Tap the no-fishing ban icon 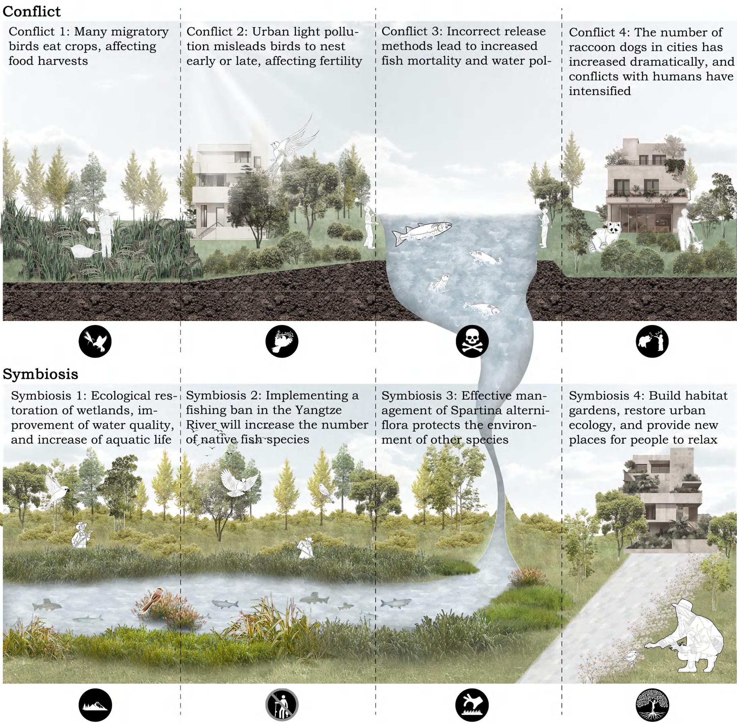coord(282,704)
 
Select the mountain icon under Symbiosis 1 coord(95,704)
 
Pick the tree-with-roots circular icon coord(652,704)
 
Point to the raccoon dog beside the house coord(607,235)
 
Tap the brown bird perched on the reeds coord(153,600)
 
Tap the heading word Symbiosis coord(40,374)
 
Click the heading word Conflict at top coord(32,11)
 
